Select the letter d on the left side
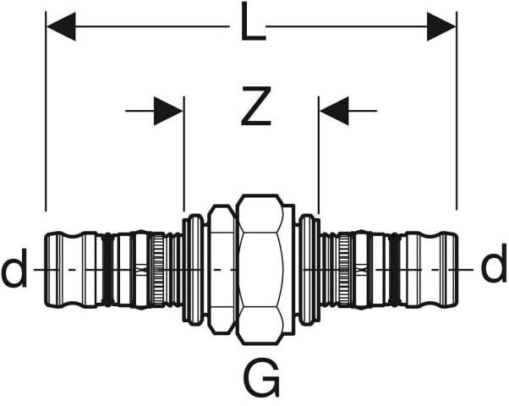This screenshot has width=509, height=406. click(14, 270)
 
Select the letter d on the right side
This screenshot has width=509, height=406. click(494, 268)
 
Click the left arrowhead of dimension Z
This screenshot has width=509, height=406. click(168, 110)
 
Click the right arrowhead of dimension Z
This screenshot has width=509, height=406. click(334, 110)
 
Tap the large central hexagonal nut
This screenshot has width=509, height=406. click(264, 269)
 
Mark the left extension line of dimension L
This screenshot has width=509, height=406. click(46, 127)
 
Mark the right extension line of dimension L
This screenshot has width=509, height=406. click(457, 127)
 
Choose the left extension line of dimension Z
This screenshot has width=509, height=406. click(183, 161)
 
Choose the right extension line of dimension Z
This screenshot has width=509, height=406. click(319, 161)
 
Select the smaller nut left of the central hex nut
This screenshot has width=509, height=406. click(222, 269)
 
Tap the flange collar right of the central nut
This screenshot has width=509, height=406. click(309, 269)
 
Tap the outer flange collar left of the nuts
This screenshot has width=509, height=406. click(194, 269)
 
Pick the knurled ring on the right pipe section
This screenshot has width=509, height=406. click(344, 269)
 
